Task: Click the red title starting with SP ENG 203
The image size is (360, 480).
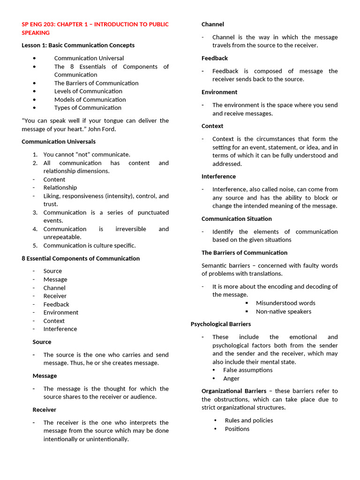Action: (95, 28)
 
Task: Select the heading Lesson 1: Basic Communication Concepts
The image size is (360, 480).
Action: (78, 45)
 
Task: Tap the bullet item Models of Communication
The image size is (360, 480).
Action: (90, 99)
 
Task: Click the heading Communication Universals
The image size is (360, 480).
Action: (59, 142)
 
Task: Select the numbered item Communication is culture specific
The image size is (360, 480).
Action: (90, 246)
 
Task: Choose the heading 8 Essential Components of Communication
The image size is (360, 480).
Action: (81, 258)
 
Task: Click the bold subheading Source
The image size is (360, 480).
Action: (42, 342)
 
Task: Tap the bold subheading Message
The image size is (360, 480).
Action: (45, 376)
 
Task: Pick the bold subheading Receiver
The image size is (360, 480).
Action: (45, 410)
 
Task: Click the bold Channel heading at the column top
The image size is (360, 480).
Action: (213, 24)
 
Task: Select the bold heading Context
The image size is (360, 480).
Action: (212, 126)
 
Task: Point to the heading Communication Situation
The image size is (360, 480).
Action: (237, 219)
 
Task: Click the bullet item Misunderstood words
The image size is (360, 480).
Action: (285, 303)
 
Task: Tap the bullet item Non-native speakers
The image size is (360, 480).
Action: (283, 312)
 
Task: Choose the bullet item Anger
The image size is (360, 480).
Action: (231, 379)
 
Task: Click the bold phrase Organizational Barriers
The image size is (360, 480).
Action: (234, 391)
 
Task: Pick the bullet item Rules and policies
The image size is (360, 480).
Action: (249, 420)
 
